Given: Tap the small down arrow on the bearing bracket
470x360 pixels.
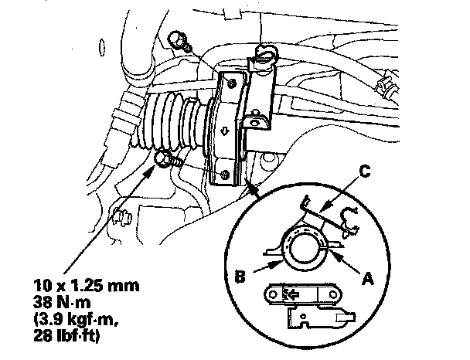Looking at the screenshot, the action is tap(223, 129).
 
